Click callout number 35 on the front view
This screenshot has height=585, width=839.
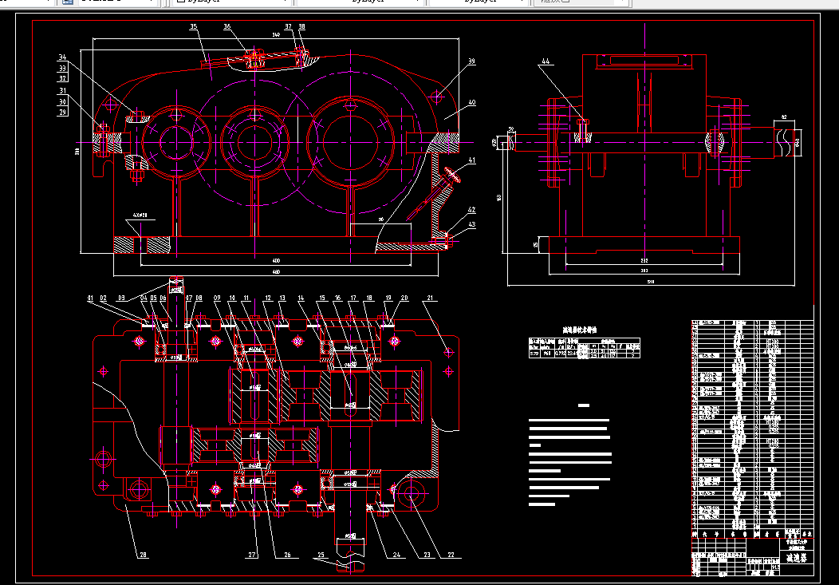193,27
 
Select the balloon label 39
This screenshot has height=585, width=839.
471,61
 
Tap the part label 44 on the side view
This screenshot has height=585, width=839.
546,61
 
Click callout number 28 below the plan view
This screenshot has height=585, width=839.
144,554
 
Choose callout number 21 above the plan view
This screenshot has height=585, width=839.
430,298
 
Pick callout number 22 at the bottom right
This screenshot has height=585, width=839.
451,554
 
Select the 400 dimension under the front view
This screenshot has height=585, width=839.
276,260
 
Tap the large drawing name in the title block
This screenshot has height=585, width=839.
798,559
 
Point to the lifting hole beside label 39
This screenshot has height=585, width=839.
437,97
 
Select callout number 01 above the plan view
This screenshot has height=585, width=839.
91,298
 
